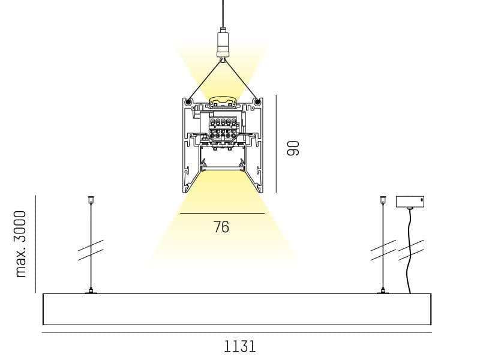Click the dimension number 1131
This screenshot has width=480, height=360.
tap(239, 347)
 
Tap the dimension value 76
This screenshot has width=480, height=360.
tap(221, 227)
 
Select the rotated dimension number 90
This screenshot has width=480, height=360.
tap(293, 148)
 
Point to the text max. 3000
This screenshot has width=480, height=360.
tap(21, 244)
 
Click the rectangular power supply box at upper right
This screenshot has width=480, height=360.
tap(410, 202)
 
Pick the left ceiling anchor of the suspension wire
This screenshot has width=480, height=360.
tap(91, 200)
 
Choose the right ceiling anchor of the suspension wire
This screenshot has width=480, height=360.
tap(383, 200)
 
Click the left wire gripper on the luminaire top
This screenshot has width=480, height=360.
tap(91, 291)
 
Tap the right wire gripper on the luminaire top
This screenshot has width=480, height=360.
tap(383, 291)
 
